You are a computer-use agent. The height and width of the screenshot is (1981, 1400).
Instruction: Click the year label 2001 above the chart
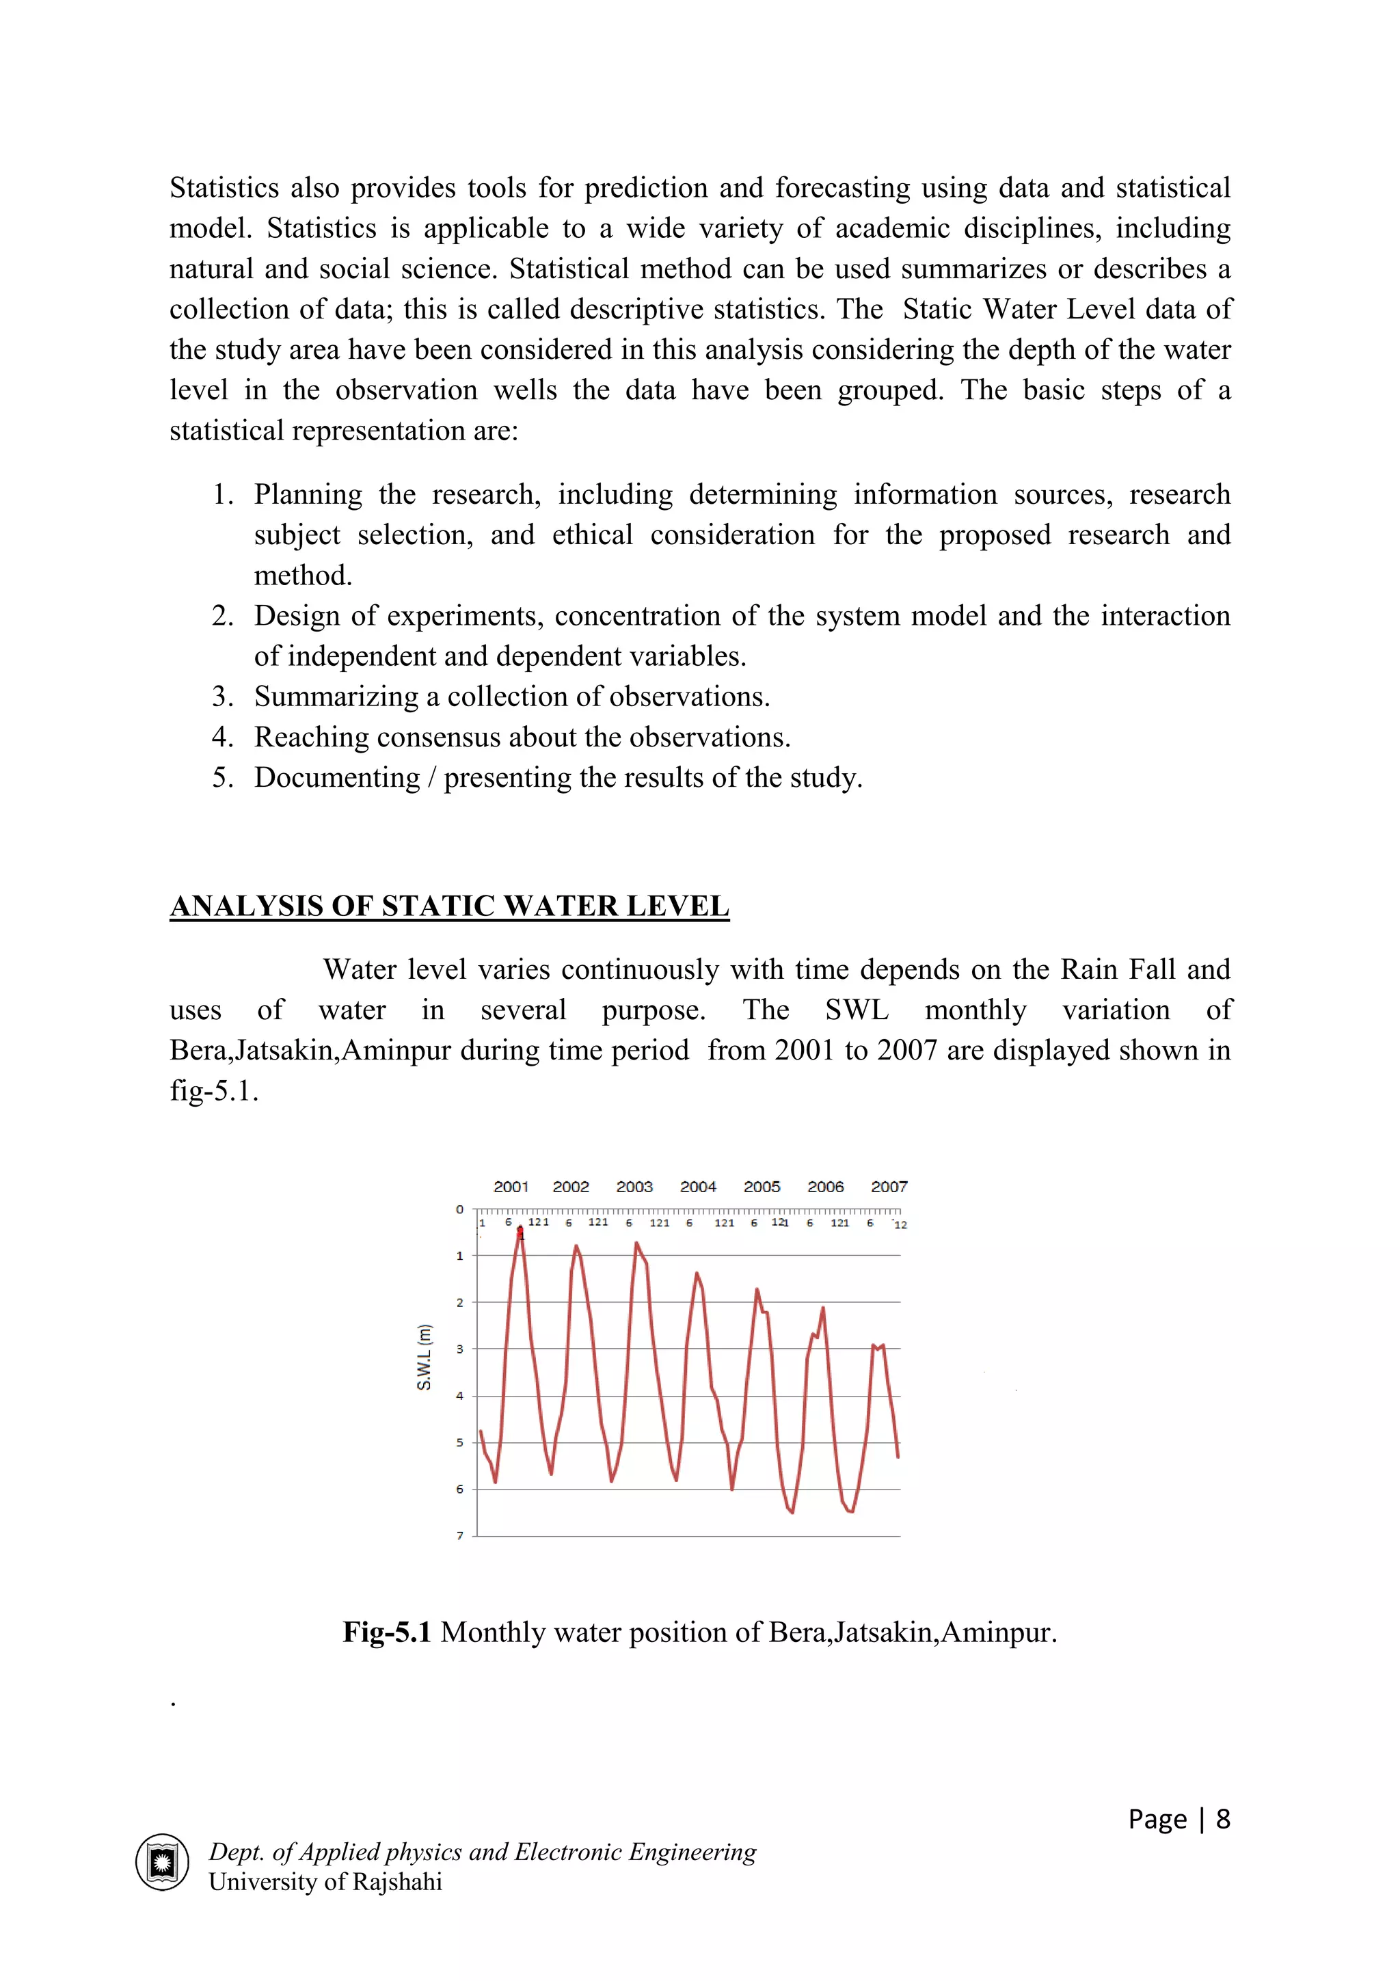[511, 1187]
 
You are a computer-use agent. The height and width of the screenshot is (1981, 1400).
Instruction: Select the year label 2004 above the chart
[698, 1187]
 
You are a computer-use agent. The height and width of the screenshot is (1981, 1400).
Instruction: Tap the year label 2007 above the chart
[889, 1187]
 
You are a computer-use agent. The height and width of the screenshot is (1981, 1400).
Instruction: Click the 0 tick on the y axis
[460, 1210]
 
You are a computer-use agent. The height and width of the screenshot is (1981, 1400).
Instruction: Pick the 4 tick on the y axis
[460, 1396]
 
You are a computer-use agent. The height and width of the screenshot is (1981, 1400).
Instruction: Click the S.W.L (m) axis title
[424, 1357]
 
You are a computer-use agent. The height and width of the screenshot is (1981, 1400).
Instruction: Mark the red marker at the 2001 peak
[520, 1230]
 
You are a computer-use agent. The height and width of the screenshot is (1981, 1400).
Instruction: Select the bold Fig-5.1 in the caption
[386, 1632]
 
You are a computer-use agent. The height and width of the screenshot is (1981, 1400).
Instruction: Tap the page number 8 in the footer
[1222, 1819]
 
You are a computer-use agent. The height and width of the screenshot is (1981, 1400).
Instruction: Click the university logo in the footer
[162, 1862]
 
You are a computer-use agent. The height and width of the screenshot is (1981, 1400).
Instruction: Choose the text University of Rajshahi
[325, 1882]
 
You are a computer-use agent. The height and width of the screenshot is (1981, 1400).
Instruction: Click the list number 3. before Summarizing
[223, 697]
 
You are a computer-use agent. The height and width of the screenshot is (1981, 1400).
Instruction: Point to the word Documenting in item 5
[336, 777]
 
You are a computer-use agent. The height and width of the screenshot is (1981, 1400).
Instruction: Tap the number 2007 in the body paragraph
[906, 1050]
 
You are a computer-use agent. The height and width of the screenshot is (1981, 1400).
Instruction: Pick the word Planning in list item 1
[308, 494]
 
